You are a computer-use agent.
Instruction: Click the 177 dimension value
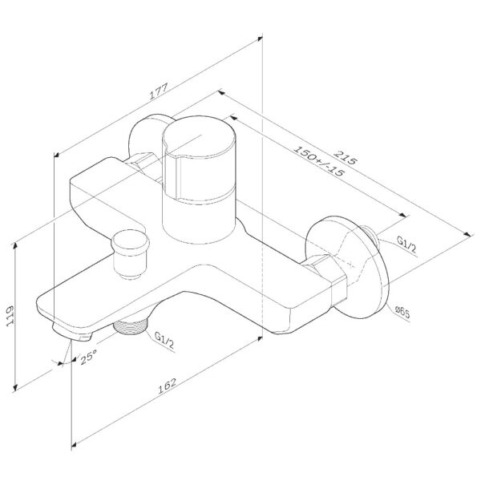tap(159, 91)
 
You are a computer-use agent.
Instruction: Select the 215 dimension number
tap(346, 157)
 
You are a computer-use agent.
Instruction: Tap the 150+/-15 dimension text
tap(319, 161)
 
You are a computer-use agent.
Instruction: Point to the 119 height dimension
tap(10, 316)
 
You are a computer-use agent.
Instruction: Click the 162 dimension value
tap(168, 386)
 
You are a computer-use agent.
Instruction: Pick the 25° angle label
tap(88, 357)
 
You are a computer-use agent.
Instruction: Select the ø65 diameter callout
tap(402, 313)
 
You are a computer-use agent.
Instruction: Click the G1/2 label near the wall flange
tap(406, 244)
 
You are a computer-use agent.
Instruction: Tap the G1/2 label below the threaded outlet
tap(164, 340)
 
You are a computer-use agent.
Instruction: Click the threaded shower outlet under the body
tap(131, 326)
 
